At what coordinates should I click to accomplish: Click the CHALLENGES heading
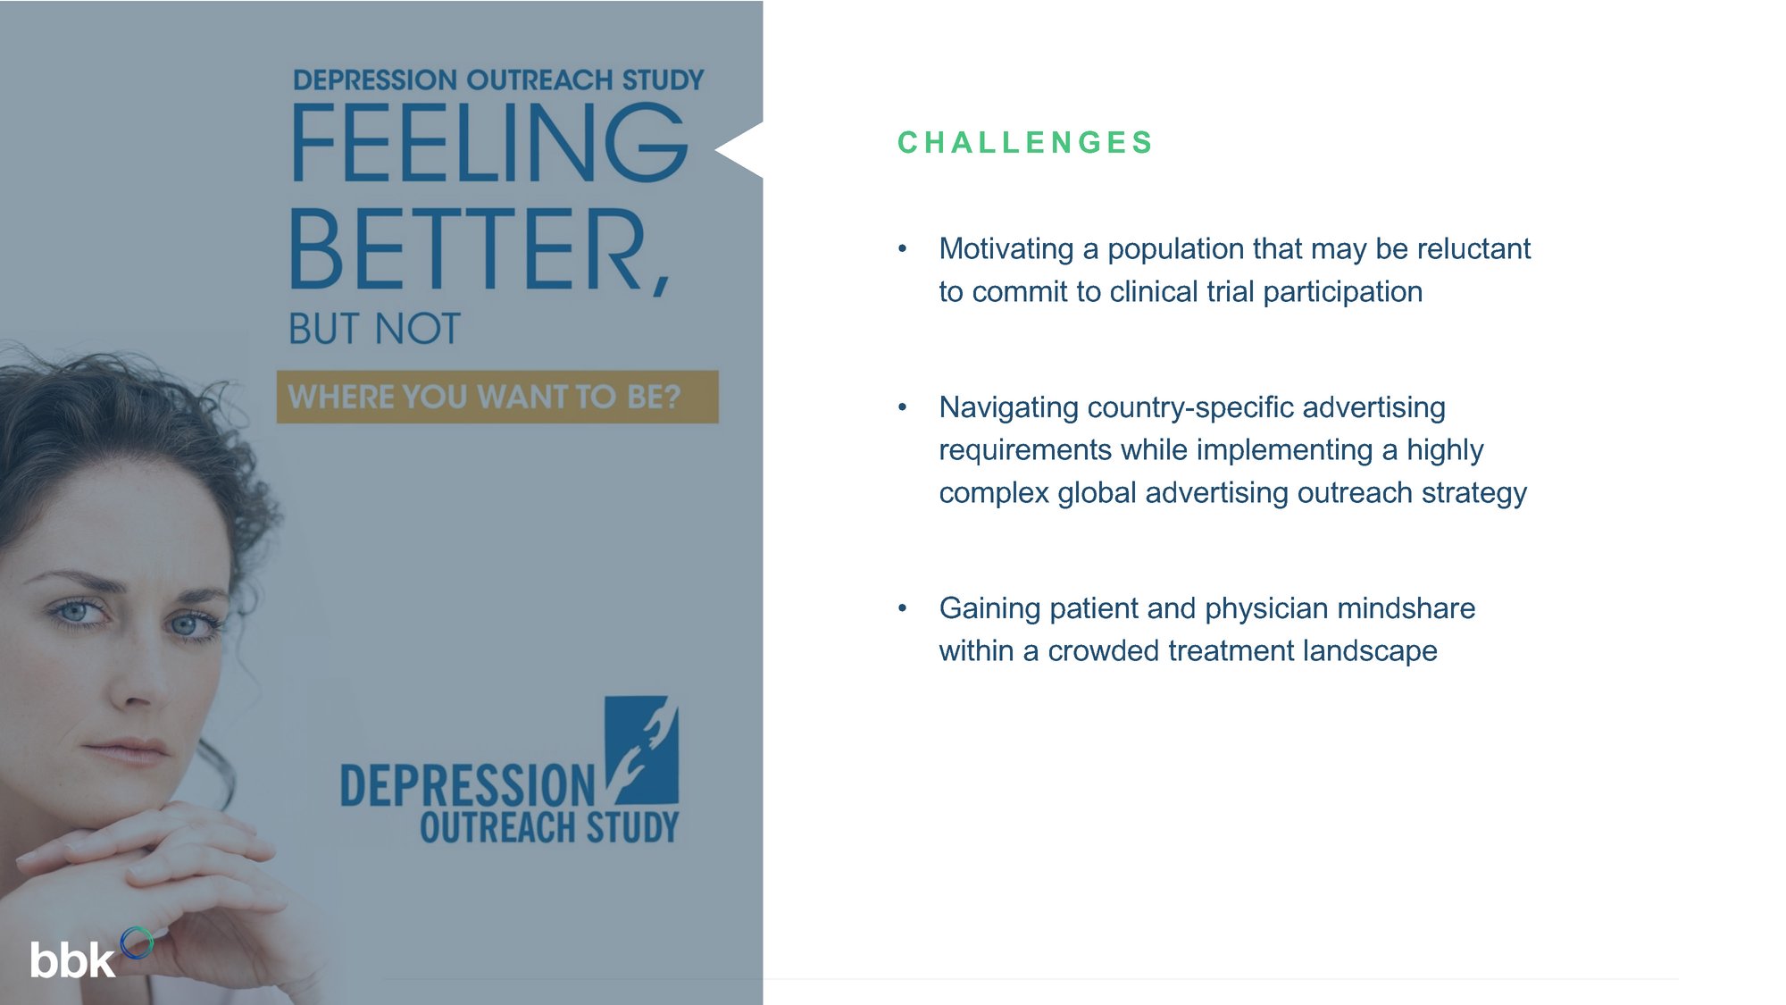pos(1025,143)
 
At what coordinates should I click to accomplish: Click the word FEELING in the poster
pos(490,143)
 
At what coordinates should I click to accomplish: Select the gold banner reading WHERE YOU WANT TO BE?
pos(497,397)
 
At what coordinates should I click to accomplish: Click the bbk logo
pos(89,955)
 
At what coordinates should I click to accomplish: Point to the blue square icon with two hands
pos(642,750)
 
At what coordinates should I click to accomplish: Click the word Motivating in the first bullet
pos(1006,249)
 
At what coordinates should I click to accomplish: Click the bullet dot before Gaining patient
pos(903,608)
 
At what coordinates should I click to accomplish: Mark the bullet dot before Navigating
pos(903,407)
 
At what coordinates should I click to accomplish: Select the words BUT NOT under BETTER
pos(374,329)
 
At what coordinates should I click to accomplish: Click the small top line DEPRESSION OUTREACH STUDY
pos(498,80)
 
